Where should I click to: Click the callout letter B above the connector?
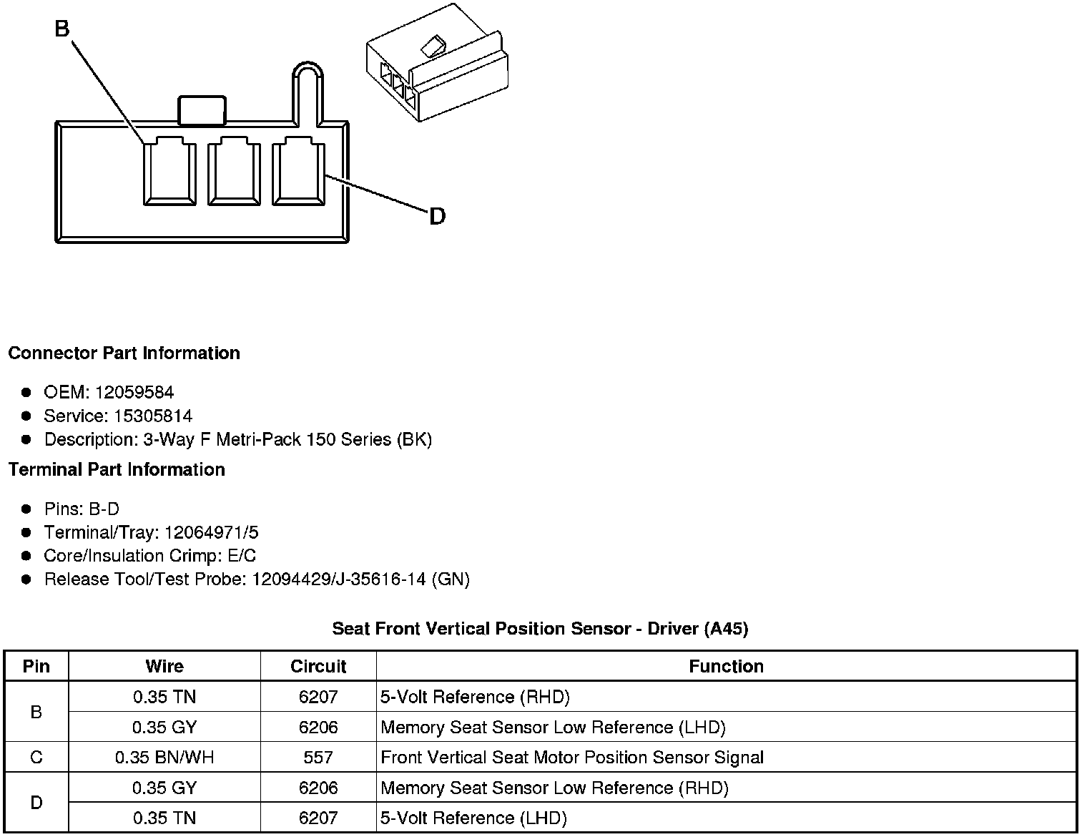62,29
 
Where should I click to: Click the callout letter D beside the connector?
437,216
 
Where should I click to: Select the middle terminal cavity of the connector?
234,172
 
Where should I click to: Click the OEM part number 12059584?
134,392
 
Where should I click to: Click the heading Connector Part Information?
124,353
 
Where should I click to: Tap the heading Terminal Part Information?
117,469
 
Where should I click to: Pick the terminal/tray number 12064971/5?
211,532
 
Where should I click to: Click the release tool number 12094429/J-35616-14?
340,579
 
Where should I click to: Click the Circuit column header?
318,666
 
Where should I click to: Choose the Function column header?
726,666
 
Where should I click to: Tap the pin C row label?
36,757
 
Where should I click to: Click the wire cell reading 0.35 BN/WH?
164,757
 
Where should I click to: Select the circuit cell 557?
318,757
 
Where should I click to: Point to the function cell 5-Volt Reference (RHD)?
475,697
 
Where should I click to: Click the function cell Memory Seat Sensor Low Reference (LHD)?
553,728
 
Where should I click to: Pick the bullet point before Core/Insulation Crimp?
26,556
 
